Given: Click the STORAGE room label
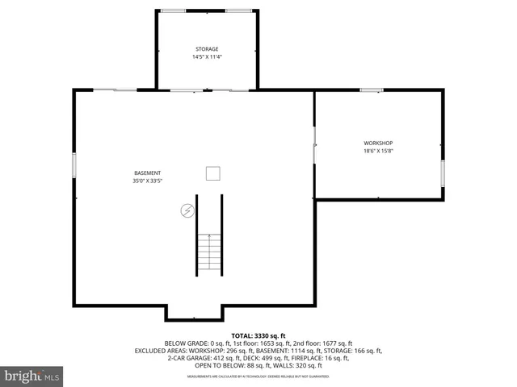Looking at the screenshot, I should point(205,49).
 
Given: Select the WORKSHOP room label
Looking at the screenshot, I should point(377,144).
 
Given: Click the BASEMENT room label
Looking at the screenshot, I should point(147,173).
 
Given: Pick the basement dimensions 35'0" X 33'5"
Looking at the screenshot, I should point(147,181).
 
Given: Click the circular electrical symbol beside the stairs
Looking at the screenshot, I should point(187,210).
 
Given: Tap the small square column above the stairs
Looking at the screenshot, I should point(213,173).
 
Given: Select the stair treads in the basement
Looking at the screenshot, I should point(209,252).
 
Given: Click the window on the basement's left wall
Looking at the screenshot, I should point(74,165).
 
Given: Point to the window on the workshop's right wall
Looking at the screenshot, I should point(443,173).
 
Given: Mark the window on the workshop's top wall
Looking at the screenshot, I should point(371,90).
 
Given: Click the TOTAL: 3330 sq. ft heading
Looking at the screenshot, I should point(258,335).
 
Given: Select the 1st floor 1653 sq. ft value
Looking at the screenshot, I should point(261,343).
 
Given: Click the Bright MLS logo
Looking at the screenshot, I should point(32,376).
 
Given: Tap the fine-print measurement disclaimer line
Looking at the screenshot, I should point(258,377).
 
